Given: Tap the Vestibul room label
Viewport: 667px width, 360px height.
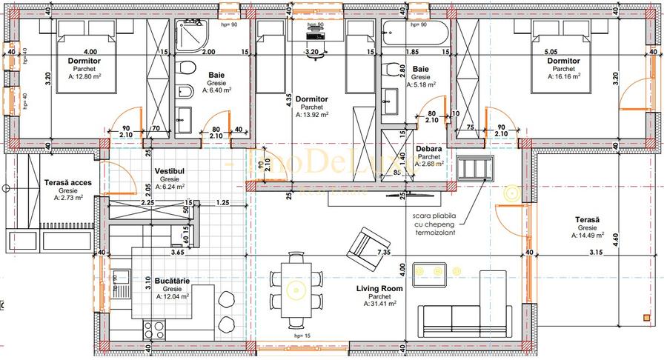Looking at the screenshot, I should click(169, 171).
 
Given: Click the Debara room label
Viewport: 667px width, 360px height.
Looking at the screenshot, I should click(430, 148).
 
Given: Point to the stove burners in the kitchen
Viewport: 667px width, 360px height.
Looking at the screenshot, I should click(153, 327).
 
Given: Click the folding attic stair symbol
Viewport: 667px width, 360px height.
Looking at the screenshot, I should click(474, 168).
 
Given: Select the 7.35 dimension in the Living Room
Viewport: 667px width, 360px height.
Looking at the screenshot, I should click(384, 253).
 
